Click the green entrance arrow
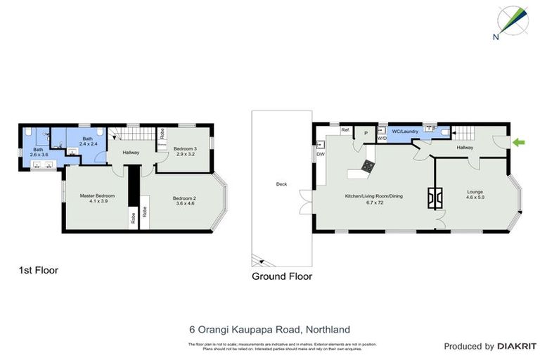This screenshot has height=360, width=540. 519,143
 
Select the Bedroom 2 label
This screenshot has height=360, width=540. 184,201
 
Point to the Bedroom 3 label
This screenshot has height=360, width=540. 185,150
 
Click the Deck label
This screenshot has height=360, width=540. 281,184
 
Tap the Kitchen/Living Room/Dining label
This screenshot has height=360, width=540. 373,199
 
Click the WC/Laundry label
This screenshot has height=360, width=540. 405,131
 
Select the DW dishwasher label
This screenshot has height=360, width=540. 320,154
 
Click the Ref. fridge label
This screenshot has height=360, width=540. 345,131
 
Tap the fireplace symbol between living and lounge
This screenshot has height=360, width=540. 435,199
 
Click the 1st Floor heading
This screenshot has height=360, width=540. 38,270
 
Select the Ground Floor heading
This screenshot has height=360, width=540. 281,276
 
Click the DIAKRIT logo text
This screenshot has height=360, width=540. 516,346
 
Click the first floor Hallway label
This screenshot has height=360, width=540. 131,153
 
